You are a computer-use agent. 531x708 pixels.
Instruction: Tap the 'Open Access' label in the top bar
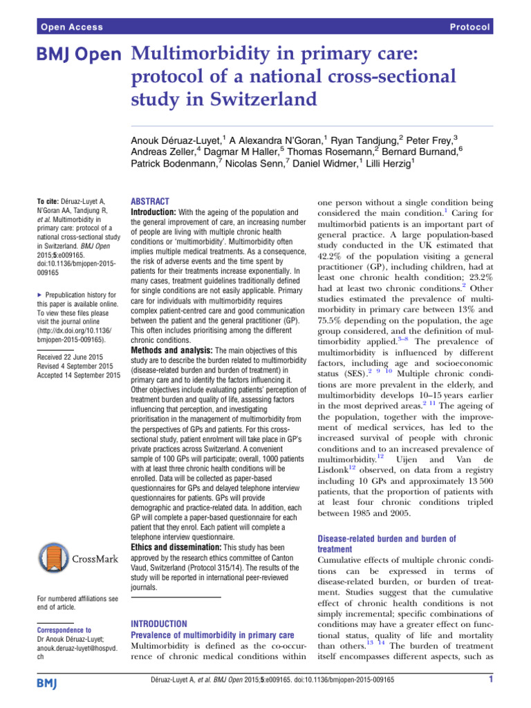point(71,27)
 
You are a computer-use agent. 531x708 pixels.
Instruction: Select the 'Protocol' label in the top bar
point(469,27)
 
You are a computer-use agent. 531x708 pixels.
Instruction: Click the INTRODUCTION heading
point(159,624)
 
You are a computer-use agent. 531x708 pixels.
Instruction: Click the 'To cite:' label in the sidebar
point(50,199)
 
